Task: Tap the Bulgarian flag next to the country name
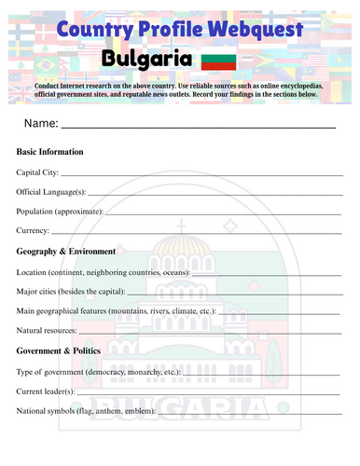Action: pyautogui.click(x=219, y=62)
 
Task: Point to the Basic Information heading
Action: pyautogui.click(x=50, y=151)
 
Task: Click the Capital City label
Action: pyautogui.click(x=38, y=172)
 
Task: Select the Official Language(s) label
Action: pyautogui.click(x=51, y=192)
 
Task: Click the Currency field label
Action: pyautogui.click(x=33, y=231)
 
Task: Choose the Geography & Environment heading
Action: pyautogui.click(x=66, y=251)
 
